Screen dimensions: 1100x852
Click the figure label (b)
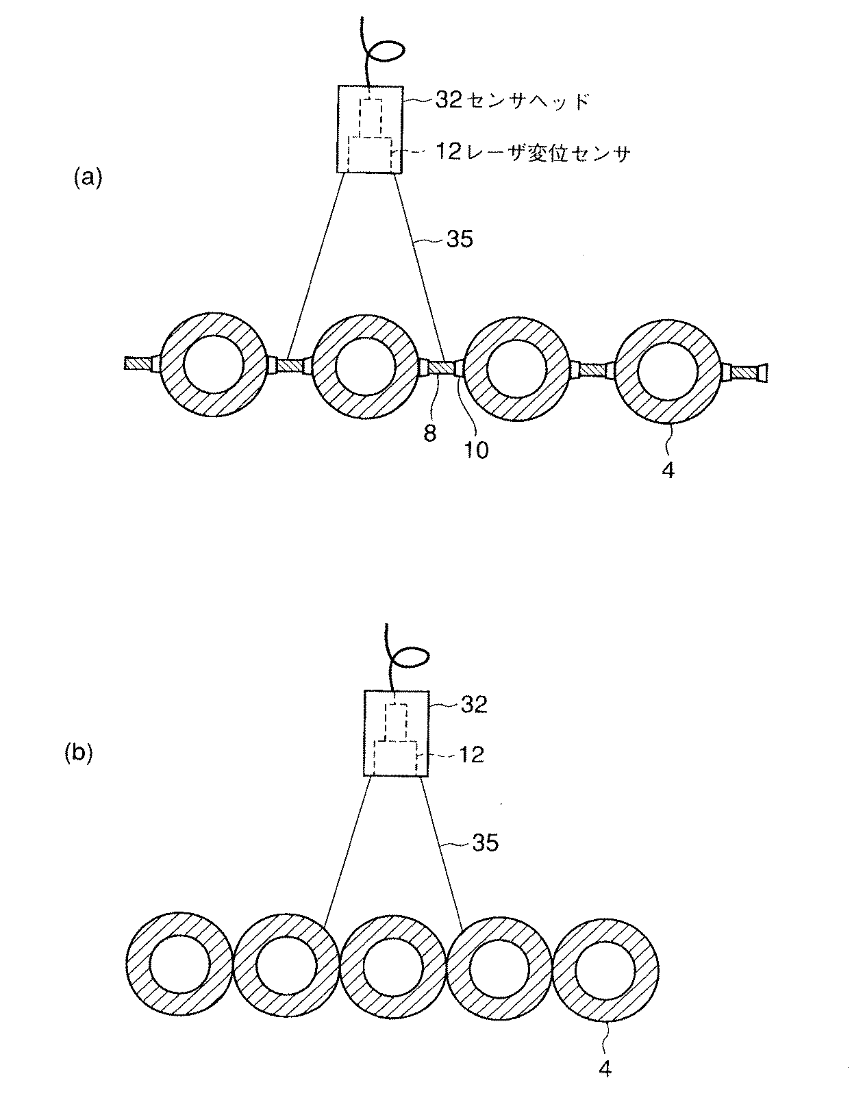[78, 753]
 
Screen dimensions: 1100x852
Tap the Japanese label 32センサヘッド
[512, 101]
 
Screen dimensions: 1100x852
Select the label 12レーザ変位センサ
[533, 153]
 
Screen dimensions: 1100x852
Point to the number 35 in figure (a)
[460, 240]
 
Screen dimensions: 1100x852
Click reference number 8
[430, 434]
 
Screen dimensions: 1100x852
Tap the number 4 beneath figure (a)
[668, 471]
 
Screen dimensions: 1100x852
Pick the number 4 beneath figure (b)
[605, 1068]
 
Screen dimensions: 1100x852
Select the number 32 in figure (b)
[473, 705]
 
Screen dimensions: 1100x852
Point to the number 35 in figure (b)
[485, 842]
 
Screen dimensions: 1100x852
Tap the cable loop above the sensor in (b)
[413, 656]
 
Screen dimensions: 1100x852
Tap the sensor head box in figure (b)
[397, 734]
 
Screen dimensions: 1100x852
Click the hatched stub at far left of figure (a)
[140, 363]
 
